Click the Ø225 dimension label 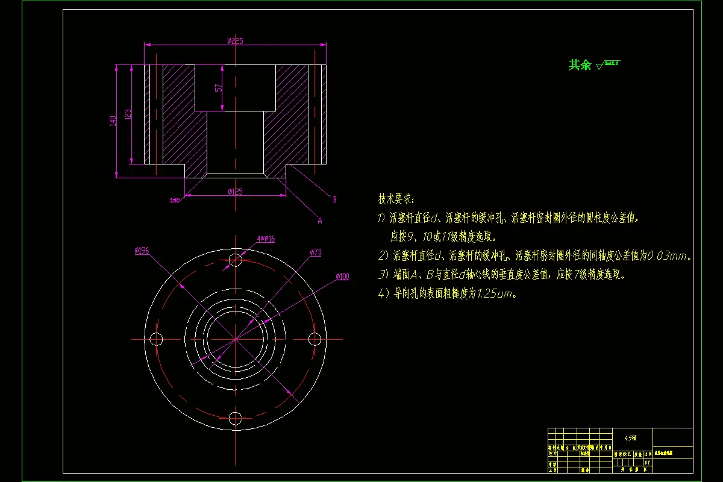coord(235,41)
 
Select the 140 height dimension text coord(113,121)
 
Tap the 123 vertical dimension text coord(128,114)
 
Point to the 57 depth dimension coord(219,87)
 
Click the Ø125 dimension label coord(235,192)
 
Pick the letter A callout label coord(320,221)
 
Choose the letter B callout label coord(334,199)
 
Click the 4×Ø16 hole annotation coord(266,239)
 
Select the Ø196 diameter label coord(142,251)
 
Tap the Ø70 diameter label coord(316,253)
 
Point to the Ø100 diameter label coord(342,277)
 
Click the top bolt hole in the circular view coord(236,260)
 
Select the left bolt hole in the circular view coord(157,339)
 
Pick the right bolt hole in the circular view coord(314,339)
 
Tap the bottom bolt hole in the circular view coord(236,418)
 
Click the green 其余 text coord(580,65)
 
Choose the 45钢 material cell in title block coord(631,438)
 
